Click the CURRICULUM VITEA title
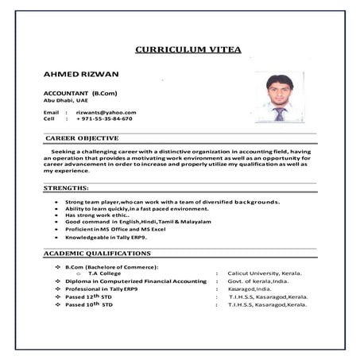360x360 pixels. [x=188, y=49]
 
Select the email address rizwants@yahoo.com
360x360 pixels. [x=106, y=112]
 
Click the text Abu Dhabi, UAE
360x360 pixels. [x=66, y=100]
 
